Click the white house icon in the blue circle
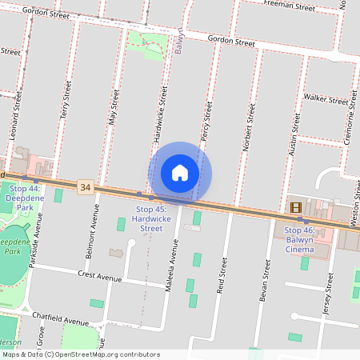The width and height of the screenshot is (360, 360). [180, 172]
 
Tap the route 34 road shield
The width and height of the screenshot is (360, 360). [86, 187]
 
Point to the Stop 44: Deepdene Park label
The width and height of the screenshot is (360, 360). [24, 198]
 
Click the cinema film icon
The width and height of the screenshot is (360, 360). [297, 207]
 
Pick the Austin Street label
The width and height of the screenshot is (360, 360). [294, 133]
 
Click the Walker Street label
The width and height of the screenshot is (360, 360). [326, 99]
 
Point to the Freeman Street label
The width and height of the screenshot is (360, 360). [290, 6]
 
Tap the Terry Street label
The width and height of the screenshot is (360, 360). [66, 105]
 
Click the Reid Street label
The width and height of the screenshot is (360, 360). [222, 280]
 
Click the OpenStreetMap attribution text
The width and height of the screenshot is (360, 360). [81, 354]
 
